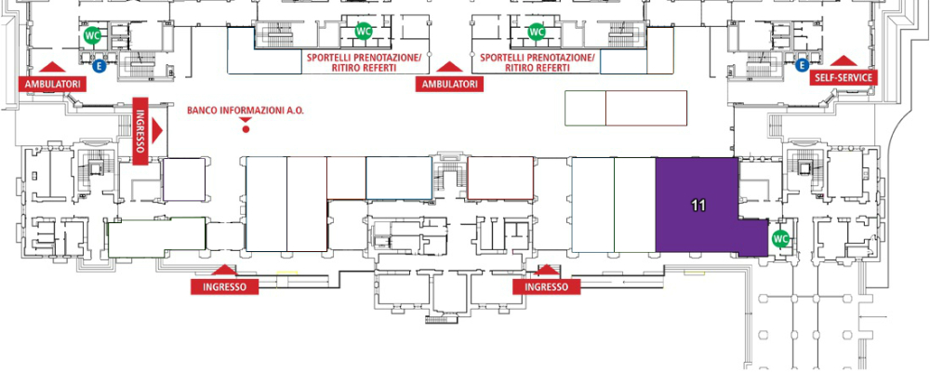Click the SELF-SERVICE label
coord(843,78)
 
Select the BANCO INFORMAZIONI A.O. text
coord(246,111)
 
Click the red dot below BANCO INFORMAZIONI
coord(246,128)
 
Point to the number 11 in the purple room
coord(698,206)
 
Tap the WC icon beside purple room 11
coord(780,239)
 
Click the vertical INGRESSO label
coord(140,131)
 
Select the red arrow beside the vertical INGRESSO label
coord(157,131)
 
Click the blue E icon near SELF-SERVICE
coord(802,65)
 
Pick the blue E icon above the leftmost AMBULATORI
coord(100,65)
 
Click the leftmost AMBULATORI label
coord(53,85)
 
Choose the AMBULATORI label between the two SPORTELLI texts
coord(449,85)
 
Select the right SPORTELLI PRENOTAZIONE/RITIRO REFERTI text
coord(538,63)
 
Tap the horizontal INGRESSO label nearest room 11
coord(546,287)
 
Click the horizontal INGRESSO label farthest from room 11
coord(225,287)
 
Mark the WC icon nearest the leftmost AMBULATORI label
coord(92,35)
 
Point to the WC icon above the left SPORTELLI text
coord(363,31)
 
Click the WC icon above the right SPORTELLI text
coord(537,32)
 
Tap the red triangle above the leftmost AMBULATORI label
coord(52,67)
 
